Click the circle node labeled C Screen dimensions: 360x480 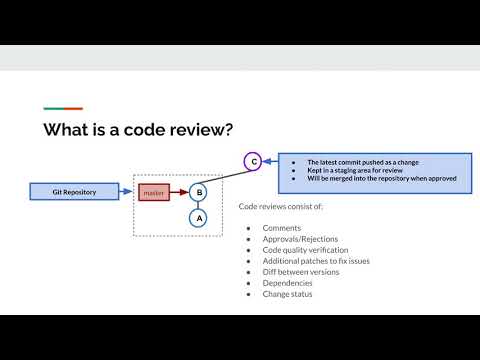[254, 160]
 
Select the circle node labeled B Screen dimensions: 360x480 [199, 191]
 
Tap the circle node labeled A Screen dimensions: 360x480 [199, 217]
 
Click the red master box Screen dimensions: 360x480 [154, 191]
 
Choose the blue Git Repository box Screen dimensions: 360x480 [75, 190]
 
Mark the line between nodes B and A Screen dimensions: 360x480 [199, 204]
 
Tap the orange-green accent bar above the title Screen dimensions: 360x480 [62, 108]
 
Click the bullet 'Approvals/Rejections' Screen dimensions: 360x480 [295, 239]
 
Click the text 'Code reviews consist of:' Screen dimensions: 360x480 [281, 206]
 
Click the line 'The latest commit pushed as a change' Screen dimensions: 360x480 [348, 160]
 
